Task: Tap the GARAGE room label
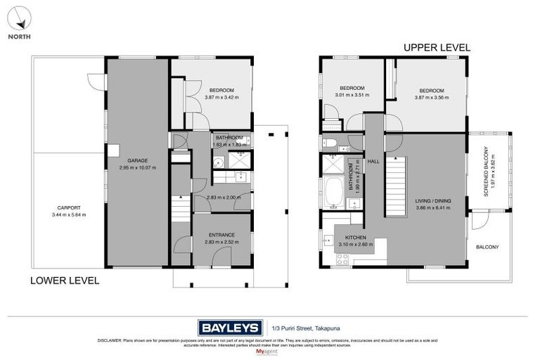point(137,160)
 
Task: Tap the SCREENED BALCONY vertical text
point(485,172)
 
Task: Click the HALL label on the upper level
point(373,161)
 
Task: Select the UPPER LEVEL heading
point(437,48)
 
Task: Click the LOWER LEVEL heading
point(64,280)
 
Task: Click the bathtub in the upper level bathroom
point(335,192)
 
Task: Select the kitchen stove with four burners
point(343,259)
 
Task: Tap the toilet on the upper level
point(330,144)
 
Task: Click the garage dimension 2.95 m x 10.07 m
point(137,168)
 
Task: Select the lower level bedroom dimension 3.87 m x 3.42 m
point(221,98)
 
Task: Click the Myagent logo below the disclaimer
point(270,349)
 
